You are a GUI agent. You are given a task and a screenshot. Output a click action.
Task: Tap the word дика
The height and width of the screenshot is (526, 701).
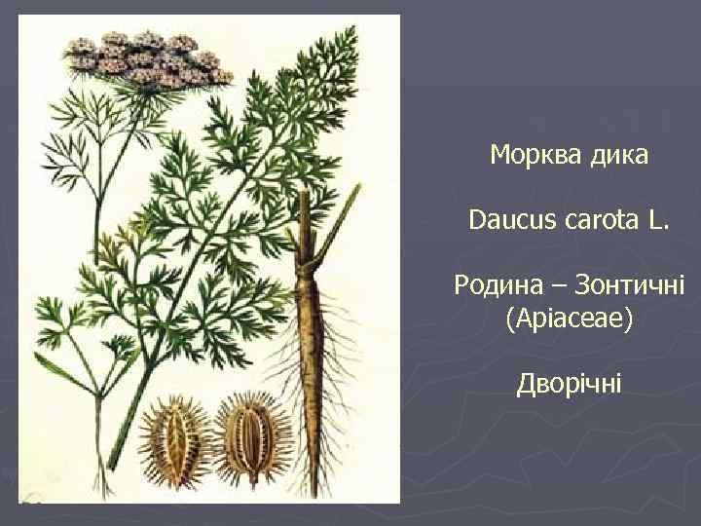[616, 155]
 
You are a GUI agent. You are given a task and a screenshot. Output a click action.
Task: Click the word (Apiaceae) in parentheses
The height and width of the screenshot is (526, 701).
[570, 319]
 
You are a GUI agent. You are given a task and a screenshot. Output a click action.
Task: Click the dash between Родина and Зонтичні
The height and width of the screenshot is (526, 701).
[558, 287]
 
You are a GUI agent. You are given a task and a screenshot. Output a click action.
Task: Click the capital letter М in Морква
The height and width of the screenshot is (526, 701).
[499, 155]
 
